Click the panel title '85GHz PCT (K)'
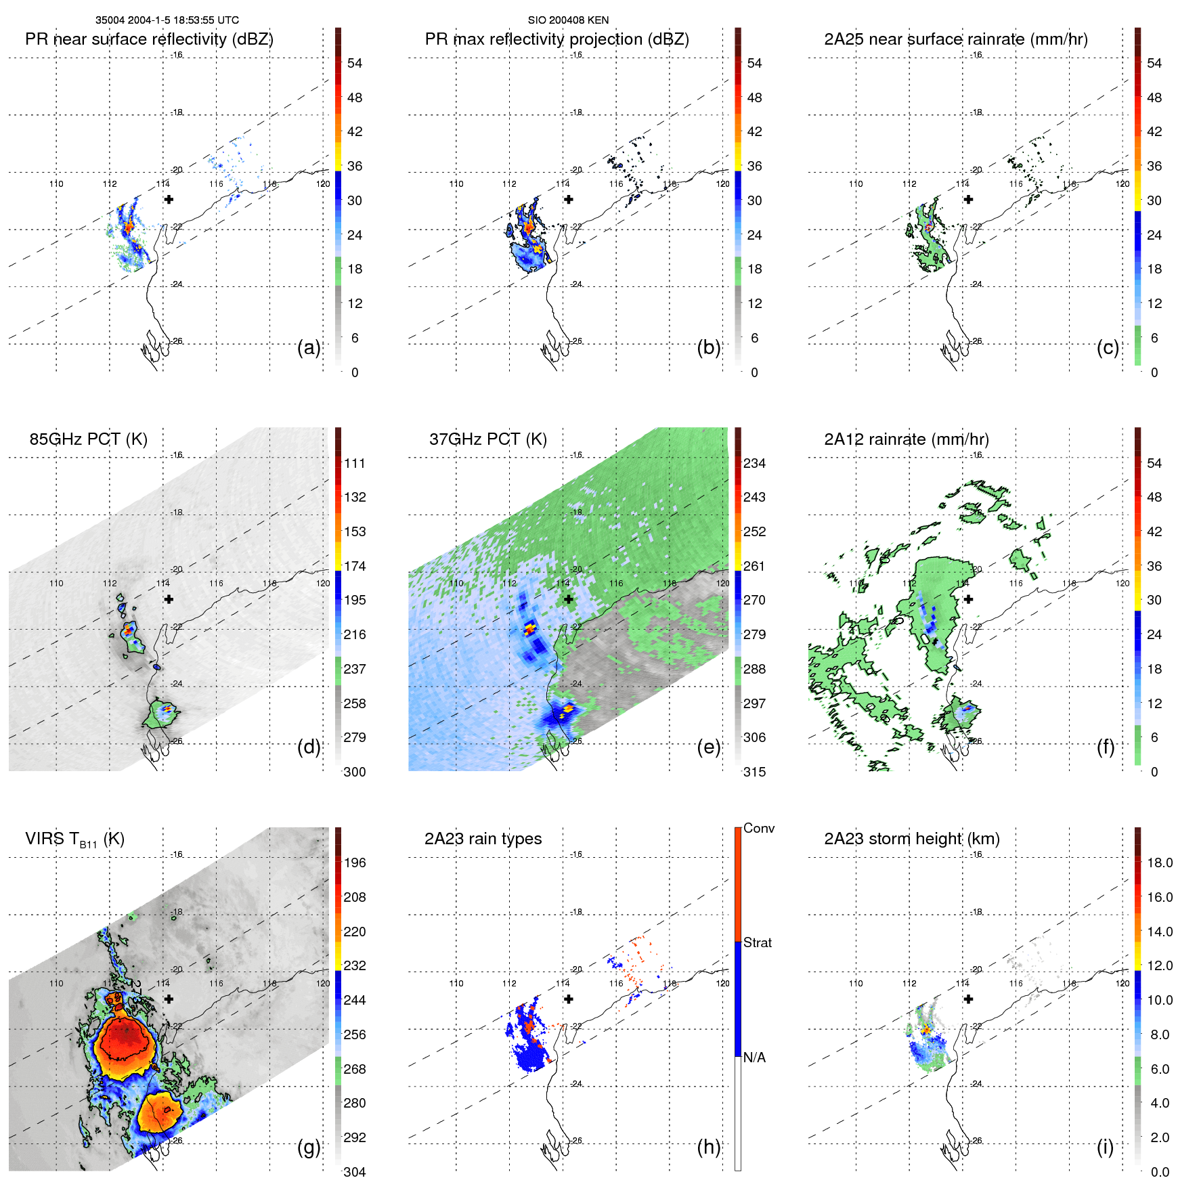[88, 439]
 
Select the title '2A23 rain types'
[483, 839]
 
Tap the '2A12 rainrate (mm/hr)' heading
[906, 439]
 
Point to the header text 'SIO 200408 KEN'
[568, 20]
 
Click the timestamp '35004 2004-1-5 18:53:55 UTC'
[167, 20]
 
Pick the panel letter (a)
[309, 348]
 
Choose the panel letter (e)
[708, 747]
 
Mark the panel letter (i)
[1105, 1147]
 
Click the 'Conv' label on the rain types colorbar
[758, 828]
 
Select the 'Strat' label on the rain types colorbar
[757, 942]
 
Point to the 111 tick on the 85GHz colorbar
[355, 464]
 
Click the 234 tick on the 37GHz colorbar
[754, 464]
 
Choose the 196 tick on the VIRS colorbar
[355, 863]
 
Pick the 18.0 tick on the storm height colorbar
[1159, 863]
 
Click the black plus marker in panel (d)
[169, 599]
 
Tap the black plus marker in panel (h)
[569, 999]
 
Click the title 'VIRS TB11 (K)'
[74, 840]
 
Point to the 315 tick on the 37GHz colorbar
[754, 772]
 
